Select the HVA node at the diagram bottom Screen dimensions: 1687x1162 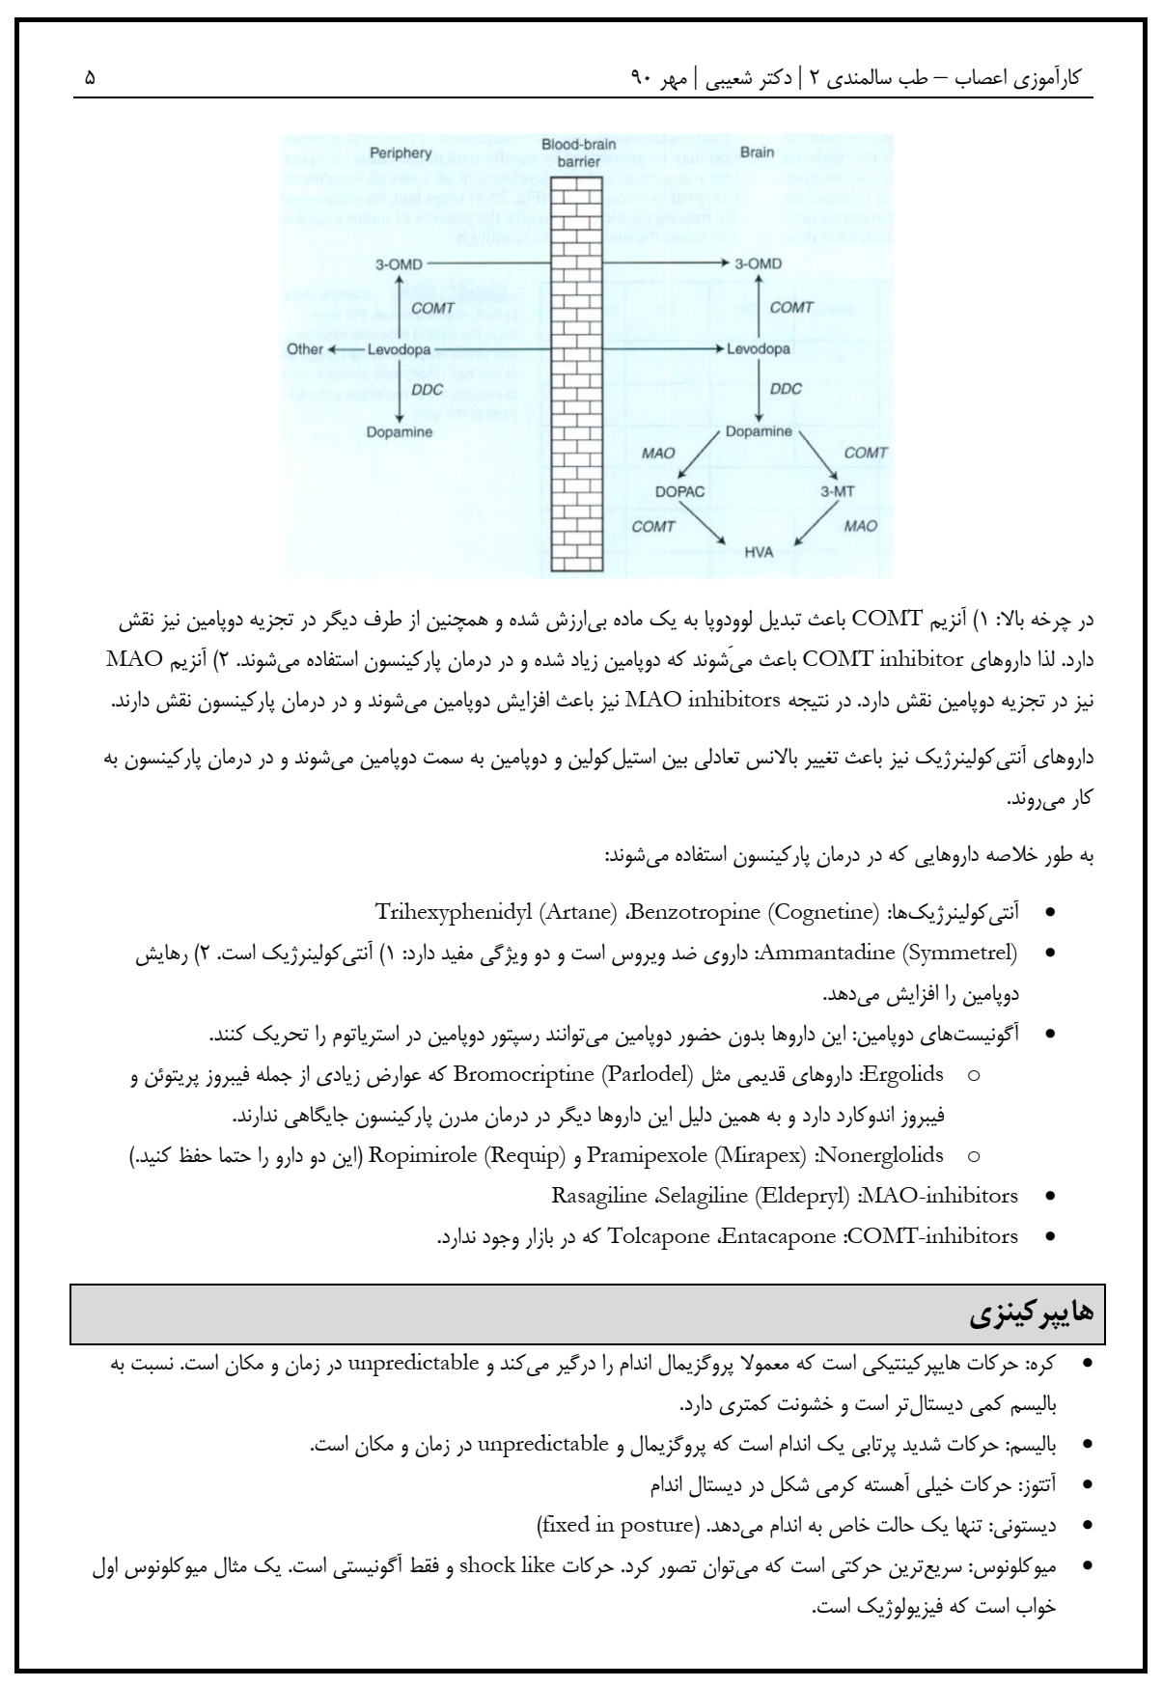click(759, 552)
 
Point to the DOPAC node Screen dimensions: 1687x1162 click(680, 491)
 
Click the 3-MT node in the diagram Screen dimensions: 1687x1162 click(837, 491)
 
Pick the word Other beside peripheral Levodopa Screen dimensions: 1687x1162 click(305, 348)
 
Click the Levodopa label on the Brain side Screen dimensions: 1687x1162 click(758, 348)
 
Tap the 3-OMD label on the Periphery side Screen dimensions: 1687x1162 click(400, 263)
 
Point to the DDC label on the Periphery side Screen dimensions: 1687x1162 click(428, 390)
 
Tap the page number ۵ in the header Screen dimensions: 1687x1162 click(90, 76)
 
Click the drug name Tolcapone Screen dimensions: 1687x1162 click(658, 1235)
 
